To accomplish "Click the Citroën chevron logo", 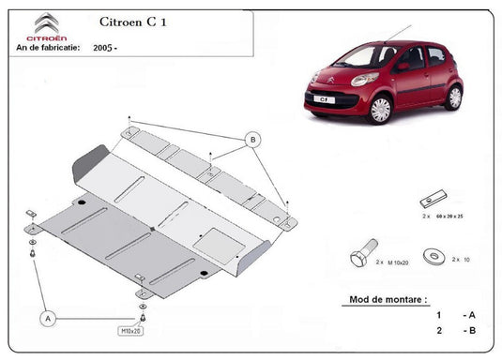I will point(46,23).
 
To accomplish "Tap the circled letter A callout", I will point(49,319).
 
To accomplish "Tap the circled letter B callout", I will point(251,141).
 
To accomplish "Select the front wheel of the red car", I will point(380,109).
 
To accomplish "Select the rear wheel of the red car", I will point(454,97).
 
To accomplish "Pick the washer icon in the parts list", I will point(435,253).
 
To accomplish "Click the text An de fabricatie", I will point(48,45).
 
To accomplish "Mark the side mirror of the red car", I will point(402,66).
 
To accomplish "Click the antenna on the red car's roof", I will point(388,32).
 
